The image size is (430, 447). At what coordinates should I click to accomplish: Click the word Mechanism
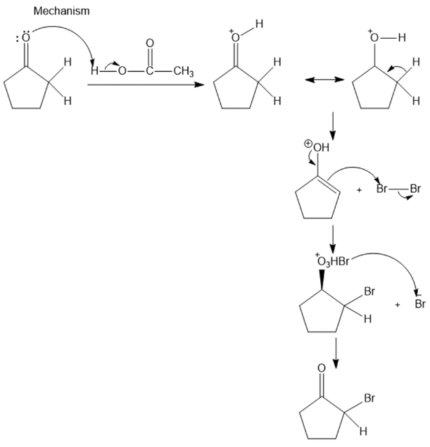pyautogui.click(x=61, y=11)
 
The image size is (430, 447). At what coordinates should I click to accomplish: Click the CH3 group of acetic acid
pyautogui.click(x=184, y=71)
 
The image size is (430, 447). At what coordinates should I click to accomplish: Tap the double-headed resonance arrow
pyautogui.click(x=324, y=80)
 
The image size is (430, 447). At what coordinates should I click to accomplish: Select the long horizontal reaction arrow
pyautogui.click(x=146, y=84)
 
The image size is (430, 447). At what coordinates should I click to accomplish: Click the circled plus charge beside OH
pyautogui.click(x=308, y=144)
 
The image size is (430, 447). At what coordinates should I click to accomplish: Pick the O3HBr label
pyautogui.click(x=333, y=262)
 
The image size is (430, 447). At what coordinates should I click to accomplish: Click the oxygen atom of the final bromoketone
pyautogui.click(x=322, y=368)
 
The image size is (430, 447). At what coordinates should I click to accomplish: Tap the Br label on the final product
pyautogui.click(x=369, y=398)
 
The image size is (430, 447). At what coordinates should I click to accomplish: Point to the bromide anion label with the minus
pyautogui.click(x=420, y=303)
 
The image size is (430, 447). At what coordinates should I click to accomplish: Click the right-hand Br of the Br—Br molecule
pyautogui.click(x=415, y=189)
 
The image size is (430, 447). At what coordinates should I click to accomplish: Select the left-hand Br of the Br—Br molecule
pyautogui.click(x=382, y=189)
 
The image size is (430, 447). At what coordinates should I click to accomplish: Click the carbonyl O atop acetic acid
pyautogui.click(x=150, y=44)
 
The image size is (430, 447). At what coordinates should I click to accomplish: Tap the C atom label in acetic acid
pyautogui.click(x=150, y=70)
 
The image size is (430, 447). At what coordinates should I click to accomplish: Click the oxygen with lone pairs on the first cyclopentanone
pyautogui.click(x=25, y=37)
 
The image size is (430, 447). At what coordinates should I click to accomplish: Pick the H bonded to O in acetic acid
pyautogui.click(x=94, y=70)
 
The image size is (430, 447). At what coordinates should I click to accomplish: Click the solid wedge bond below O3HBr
pyautogui.click(x=322, y=279)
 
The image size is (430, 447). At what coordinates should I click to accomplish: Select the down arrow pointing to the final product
pyautogui.click(x=336, y=353)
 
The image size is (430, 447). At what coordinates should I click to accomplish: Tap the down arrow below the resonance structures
pyautogui.click(x=333, y=126)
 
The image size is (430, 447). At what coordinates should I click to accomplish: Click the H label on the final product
pyautogui.click(x=363, y=431)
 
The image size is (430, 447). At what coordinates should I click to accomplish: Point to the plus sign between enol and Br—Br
pyautogui.click(x=359, y=190)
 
